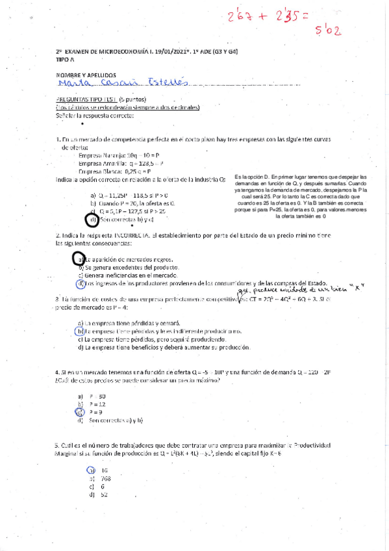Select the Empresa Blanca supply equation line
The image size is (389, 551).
[116, 172]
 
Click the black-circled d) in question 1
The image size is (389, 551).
[92, 220]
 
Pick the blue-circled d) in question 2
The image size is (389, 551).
[79, 283]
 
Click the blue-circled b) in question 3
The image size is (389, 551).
[79, 331]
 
